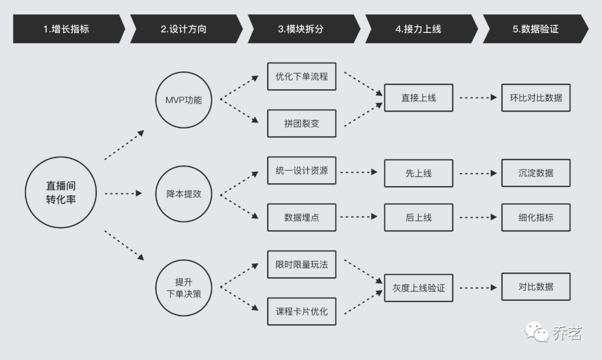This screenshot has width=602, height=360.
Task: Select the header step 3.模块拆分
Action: coord(301,29)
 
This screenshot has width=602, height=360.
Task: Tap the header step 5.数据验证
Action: coord(535,29)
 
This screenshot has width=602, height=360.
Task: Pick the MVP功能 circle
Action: coord(184,100)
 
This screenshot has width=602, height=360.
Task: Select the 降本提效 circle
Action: coord(184,194)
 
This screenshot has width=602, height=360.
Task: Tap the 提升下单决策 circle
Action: coord(184,288)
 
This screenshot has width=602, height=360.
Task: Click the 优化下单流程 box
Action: coord(302,76)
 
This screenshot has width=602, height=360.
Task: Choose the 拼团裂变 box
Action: coord(302,124)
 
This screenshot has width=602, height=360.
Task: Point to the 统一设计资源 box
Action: coord(302,171)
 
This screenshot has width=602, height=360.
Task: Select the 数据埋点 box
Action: coord(302,218)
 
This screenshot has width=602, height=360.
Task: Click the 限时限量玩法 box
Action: coord(302,265)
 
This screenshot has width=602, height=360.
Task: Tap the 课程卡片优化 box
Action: coord(302,312)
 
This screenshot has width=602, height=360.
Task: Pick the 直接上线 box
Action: coord(419,98)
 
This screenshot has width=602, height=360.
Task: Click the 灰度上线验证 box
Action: coord(419,288)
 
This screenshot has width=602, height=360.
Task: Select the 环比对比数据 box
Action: coord(536,98)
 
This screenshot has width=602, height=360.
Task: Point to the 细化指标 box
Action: coord(536,218)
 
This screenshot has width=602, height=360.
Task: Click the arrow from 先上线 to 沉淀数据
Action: coord(477,173)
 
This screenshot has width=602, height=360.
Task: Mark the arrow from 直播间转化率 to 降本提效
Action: coord(124,193)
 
